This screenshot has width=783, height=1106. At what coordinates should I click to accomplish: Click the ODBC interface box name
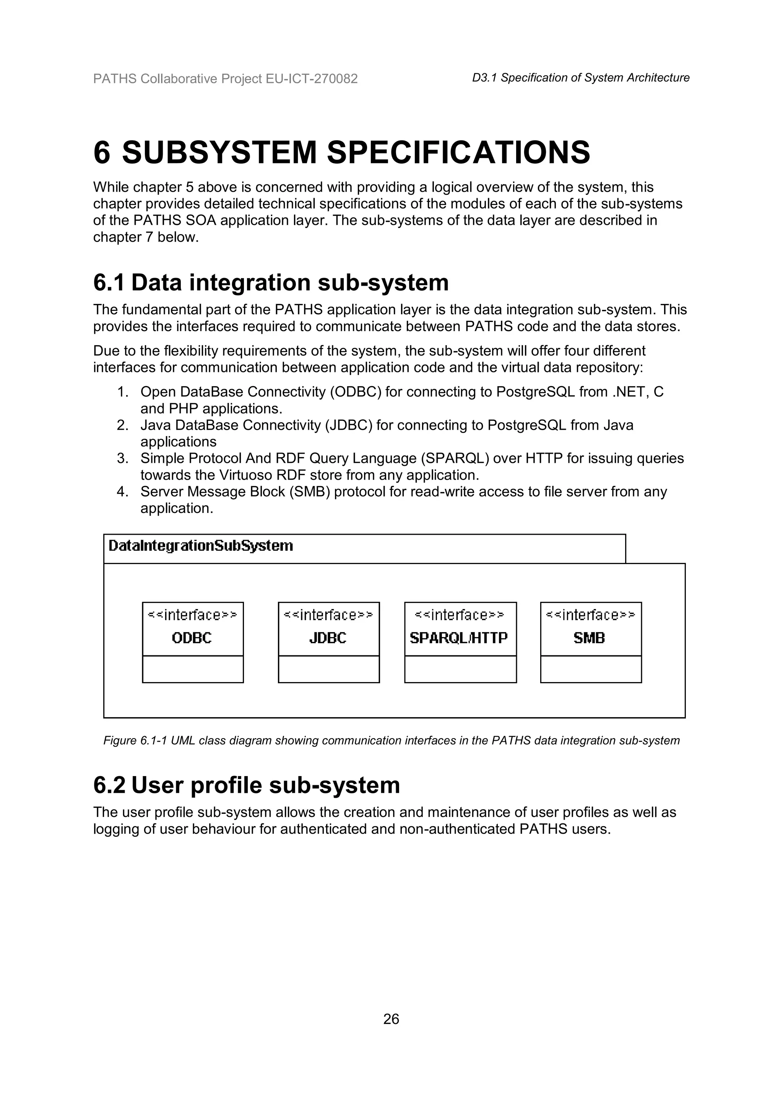click(192, 638)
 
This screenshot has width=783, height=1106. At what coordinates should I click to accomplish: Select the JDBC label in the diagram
click(328, 638)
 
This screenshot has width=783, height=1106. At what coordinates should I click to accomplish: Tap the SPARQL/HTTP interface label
click(459, 638)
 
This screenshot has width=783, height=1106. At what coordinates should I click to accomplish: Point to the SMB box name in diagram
click(589, 638)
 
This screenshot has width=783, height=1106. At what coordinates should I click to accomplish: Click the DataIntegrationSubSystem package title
click(201, 546)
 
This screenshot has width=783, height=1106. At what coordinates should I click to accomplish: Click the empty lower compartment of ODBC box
click(192, 669)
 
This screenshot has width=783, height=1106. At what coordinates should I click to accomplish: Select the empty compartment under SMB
click(591, 669)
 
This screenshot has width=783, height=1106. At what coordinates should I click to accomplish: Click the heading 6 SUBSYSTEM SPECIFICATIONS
click(341, 152)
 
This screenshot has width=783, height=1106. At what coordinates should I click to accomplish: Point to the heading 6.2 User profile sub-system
click(246, 785)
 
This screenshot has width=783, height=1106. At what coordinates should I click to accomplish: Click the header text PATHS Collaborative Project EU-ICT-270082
click(225, 79)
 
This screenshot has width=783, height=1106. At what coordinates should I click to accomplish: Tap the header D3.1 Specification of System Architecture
click(580, 78)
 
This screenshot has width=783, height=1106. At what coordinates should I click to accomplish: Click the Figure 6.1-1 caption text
click(391, 741)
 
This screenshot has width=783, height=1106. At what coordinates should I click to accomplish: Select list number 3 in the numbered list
click(122, 458)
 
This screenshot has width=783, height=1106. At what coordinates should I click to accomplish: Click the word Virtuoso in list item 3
click(245, 475)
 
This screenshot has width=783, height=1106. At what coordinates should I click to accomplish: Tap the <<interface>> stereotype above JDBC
click(328, 615)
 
